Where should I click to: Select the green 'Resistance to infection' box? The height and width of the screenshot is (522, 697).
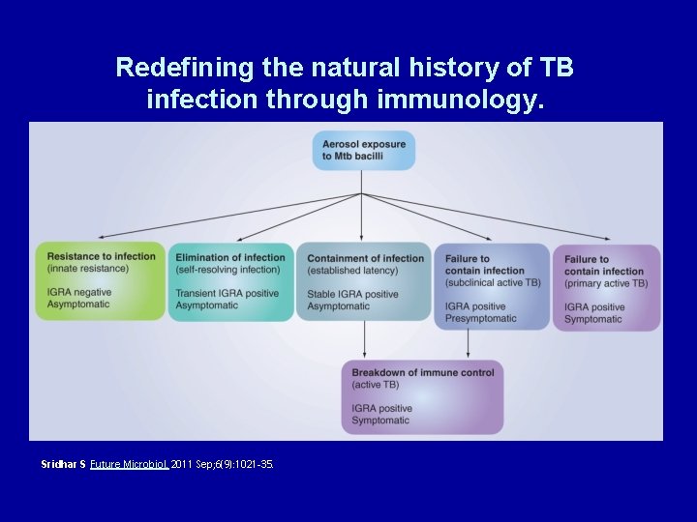tap(101, 280)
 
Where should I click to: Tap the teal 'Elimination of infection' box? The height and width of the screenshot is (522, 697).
tap(230, 280)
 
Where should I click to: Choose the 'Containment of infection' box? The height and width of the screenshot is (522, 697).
tap(364, 280)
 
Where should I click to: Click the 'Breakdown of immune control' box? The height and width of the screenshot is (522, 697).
tap(422, 396)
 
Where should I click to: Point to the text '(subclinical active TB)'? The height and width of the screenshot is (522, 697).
tap(493, 283)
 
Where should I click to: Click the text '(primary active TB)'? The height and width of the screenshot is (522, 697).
tap(606, 283)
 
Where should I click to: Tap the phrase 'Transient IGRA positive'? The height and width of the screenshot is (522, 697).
tap(227, 294)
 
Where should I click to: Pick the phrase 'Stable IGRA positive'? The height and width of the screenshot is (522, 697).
tap(352, 295)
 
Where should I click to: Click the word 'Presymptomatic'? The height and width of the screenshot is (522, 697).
tap(481, 319)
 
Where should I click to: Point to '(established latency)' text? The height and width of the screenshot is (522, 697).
tap(352, 271)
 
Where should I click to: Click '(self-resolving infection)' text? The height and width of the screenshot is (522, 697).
tap(227, 270)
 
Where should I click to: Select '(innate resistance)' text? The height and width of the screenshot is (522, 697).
tap(89, 269)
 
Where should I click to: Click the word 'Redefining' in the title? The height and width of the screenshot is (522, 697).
tap(172, 68)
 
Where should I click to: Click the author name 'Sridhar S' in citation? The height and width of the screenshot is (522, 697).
tap(64, 465)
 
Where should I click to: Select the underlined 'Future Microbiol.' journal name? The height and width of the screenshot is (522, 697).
tap(130, 465)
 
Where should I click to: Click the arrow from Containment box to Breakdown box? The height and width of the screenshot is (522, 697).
tap(364, 339)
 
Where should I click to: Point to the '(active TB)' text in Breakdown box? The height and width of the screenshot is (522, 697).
tap(376, 385)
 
